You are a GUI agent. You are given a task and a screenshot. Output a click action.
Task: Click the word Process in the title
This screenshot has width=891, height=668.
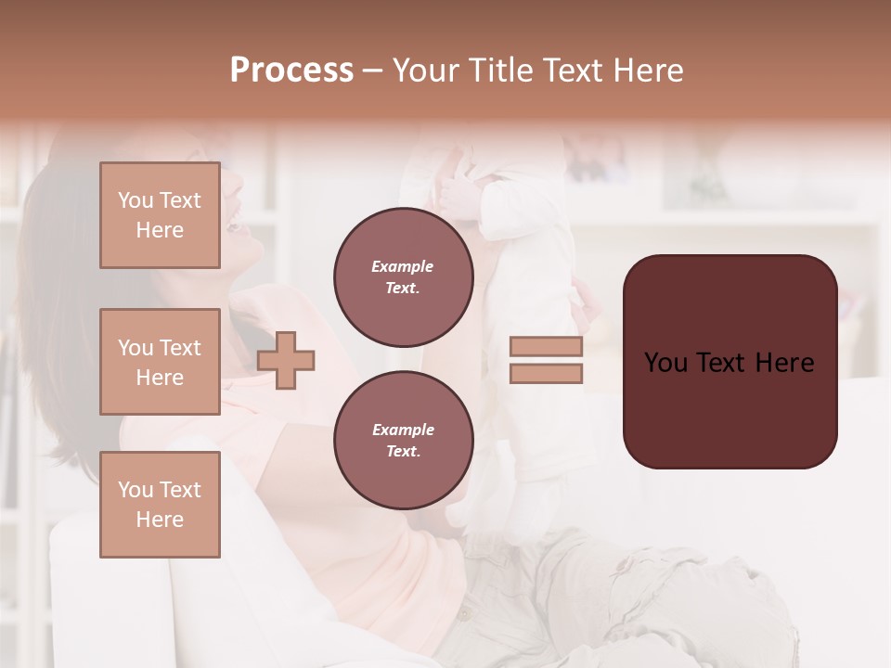(291, 71)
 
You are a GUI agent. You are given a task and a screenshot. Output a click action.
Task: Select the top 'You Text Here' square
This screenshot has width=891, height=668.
(160, 215)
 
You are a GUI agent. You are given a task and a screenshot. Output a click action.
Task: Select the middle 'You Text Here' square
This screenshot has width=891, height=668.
(160, 362)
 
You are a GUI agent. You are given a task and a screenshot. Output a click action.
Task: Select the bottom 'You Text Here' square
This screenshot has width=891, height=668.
(160, 504)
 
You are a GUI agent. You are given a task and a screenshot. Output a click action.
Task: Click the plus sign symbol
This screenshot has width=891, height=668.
(286, 361)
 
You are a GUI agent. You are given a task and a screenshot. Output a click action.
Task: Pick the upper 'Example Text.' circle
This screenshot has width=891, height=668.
(403, 277)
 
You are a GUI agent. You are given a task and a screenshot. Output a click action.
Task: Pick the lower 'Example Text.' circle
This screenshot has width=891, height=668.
(403, 441)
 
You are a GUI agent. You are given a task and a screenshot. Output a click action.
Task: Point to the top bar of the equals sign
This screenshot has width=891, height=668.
(546, 347)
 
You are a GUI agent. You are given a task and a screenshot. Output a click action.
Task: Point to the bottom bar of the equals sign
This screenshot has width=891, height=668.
(546, 373)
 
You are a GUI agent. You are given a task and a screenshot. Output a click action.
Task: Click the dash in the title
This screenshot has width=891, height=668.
(372, 71)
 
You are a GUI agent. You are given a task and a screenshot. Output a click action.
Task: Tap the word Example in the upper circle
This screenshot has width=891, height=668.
(402, 266)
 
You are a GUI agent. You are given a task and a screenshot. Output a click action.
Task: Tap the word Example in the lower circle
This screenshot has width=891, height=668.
(403, 430)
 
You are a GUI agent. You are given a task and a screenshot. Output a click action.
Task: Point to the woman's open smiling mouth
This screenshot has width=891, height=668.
(237, 223)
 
